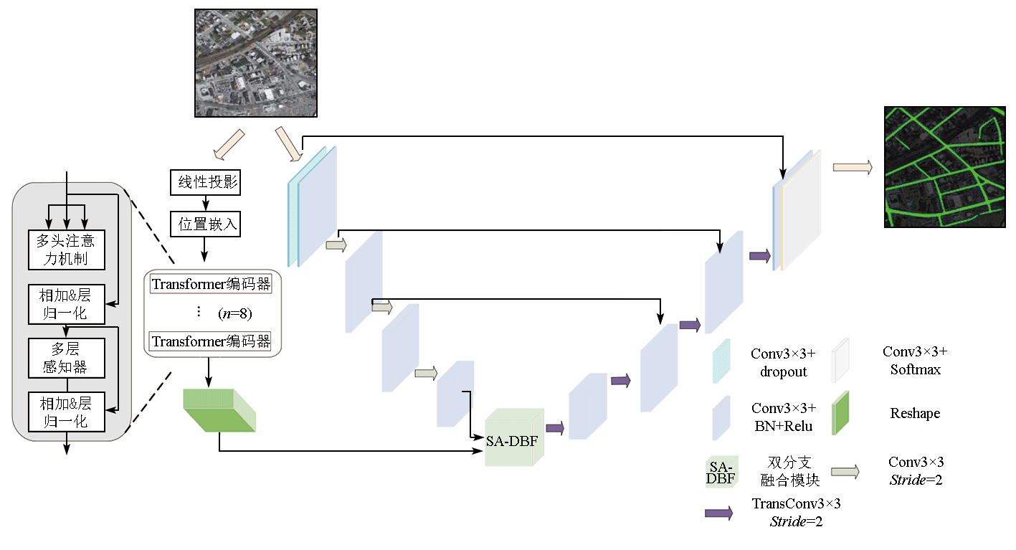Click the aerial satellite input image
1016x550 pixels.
(x=255, y=62)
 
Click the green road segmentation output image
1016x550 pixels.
(x=944, y=167)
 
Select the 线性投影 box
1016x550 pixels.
(x=205, y=182)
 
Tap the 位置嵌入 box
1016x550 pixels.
(x=205, y=224)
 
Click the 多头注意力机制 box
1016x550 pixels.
(x=66, y=250)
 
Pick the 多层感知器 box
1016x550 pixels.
(x=66, y=358)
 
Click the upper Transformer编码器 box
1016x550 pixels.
(x=211, y=284)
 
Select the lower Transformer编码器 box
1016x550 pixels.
(x=211, y=341)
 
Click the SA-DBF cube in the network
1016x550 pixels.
(x=512, y=440)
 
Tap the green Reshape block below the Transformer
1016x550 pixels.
(x=218, y=410)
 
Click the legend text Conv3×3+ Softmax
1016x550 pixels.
(x=914, y=361)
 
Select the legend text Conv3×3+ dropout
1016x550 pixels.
(x=783, y=362)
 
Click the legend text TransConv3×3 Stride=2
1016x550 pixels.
(x=796, y=512)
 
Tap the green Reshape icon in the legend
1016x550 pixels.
(x=840, y=413)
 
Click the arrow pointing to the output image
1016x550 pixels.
(x=852, y=167)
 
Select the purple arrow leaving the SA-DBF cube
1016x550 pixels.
(x=555, y=428)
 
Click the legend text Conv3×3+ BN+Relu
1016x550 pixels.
(x=783, y=417)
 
